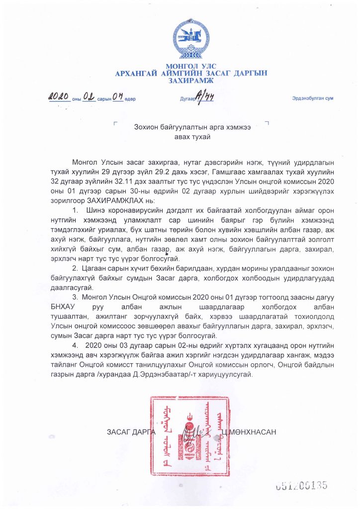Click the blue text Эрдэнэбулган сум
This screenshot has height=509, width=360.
click(312, 98)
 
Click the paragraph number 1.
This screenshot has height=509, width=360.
click(75, 213)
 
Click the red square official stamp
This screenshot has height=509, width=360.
click(189, 434)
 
